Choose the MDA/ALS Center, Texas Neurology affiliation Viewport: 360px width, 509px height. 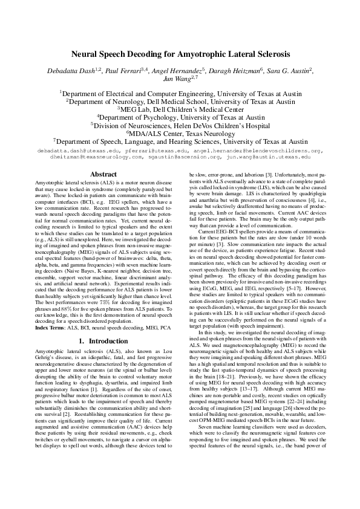(180, 133)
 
